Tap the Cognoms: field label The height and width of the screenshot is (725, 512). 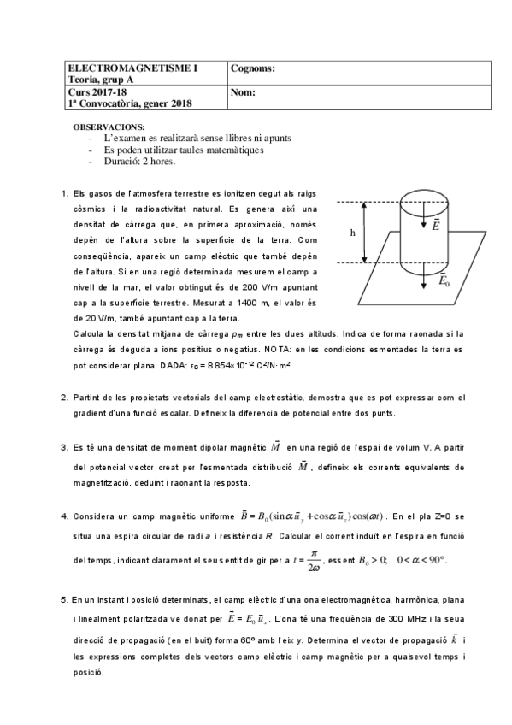point(254,68)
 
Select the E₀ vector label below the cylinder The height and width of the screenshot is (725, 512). point(446,280)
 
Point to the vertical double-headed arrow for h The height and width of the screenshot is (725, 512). point(365,232)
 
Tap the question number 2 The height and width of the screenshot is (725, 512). point(65,397)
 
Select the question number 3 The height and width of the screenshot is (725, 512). point(65,446)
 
